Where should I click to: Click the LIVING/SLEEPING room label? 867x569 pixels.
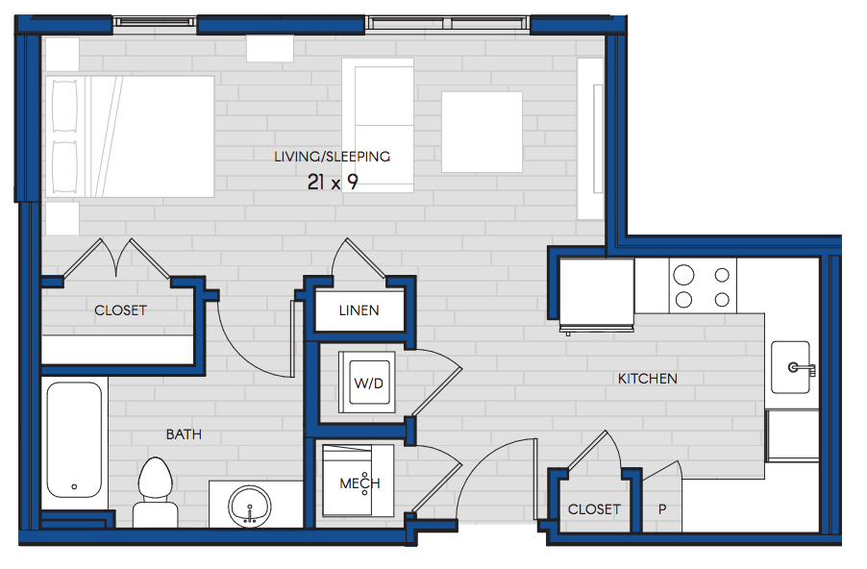tap(333, 157)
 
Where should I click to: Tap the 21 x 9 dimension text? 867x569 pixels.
tap(333, 182)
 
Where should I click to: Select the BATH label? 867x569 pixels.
tap(184, 434)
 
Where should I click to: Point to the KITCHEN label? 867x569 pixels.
tap(648, 379)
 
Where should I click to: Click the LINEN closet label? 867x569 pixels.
tap(359, 310)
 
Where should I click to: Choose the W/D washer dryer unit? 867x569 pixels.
tap(367, 383)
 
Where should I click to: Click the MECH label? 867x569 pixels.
tap(359, 483)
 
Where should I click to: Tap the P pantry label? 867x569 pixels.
tap(662, 509)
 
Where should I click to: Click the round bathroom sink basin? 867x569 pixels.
tap(250, 506)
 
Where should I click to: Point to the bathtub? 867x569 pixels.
tap(74, 440)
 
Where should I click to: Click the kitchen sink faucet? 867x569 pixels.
tap(802, 369)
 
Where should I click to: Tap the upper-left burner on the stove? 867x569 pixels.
tap(684, 275)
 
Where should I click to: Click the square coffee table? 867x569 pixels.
tap(482, 133)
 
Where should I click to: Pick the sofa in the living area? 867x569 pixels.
tap(378, 126)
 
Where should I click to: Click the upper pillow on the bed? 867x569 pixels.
tap(64, 106)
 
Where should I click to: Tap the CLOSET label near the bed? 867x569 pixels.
tap(120, 310)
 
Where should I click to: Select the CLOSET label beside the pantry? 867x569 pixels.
tap(594, 509)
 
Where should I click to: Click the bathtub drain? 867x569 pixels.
tap(74, 487)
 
